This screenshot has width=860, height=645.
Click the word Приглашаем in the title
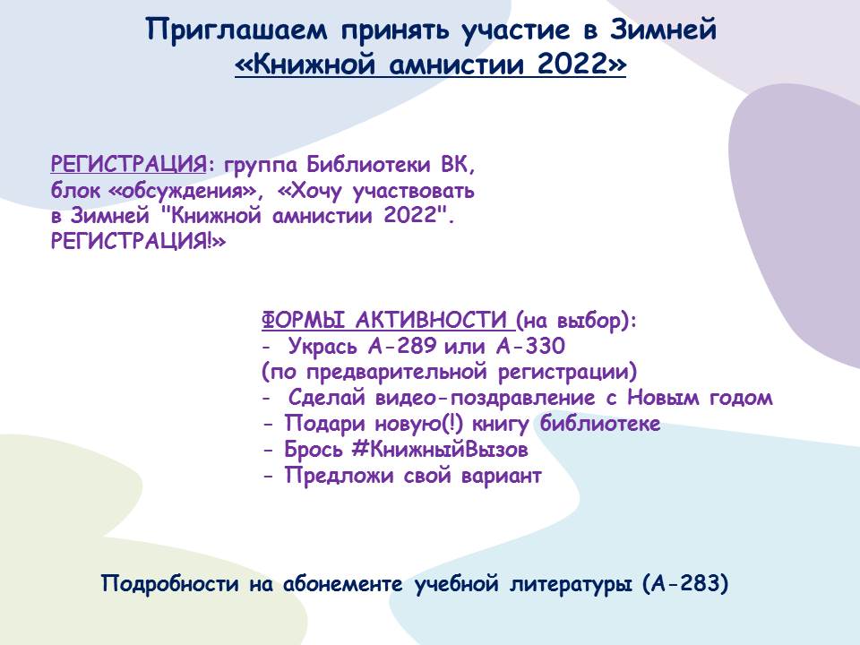(x=236, y=30)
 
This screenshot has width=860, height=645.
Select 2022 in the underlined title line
(x=571, y=64)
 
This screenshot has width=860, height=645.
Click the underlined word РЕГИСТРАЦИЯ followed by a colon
(x=128, y=164)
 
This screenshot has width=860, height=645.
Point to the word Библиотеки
(x=367, y=164)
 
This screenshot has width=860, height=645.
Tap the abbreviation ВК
(x=456, y=164)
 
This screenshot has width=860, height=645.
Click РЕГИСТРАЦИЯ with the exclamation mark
(x=138, y=241)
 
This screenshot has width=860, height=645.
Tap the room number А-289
(x=402, y=346)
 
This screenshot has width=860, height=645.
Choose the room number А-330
(x=530, y=346)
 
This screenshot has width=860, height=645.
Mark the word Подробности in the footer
(x=170, y=583)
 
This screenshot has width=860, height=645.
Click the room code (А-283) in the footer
(x=685, y=583)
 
